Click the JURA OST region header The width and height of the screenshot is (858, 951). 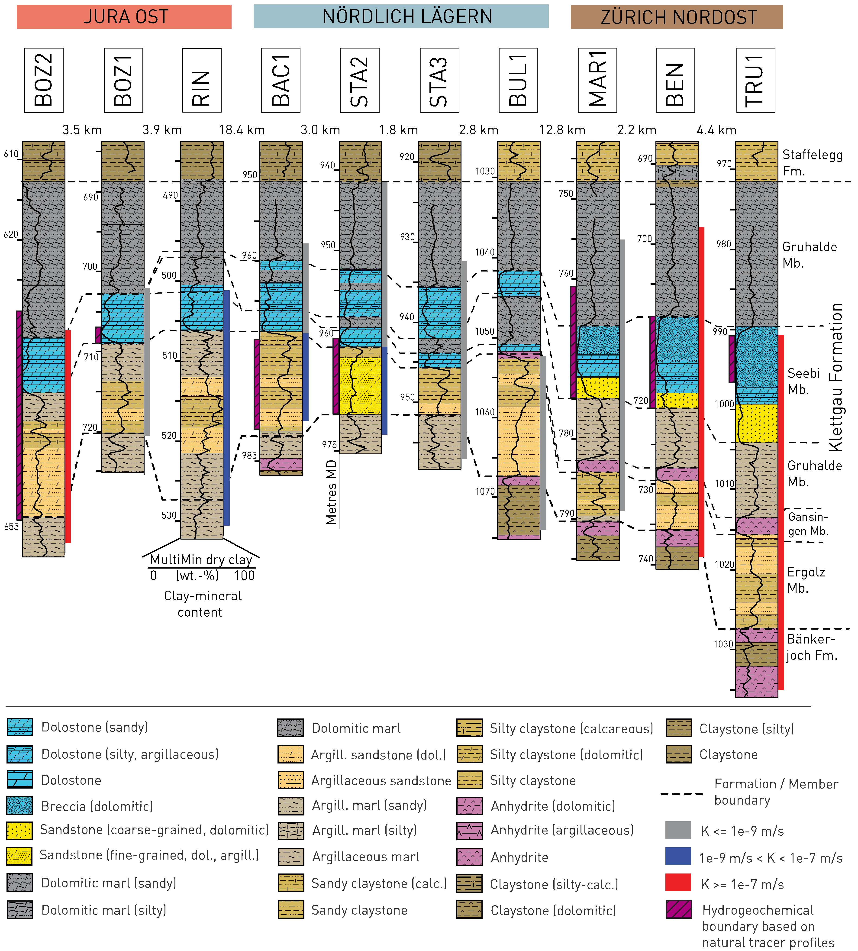124,17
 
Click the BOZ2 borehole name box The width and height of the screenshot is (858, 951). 44,80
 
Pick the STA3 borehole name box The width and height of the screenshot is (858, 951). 439,80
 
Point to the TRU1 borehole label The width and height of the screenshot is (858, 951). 755,80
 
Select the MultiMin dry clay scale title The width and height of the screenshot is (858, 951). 201,560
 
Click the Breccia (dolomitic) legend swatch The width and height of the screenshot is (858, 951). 20,806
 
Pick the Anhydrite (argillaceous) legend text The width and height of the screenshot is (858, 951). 562,830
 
